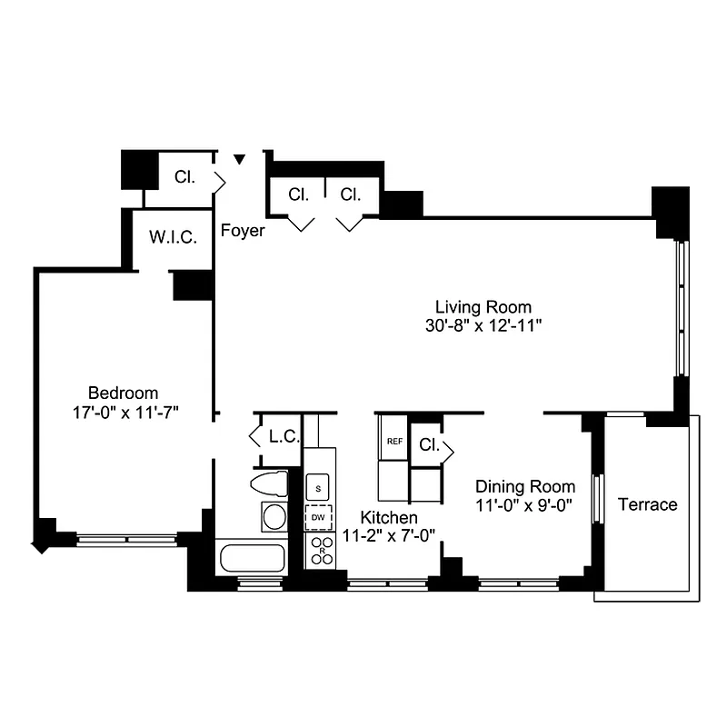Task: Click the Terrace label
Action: click(x=647, y=504)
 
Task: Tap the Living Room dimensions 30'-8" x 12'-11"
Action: click(x=483, y=324)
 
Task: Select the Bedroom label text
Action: click(x=128, y=393)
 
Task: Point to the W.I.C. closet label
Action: click(x=174, y=238)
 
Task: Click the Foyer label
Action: click(x=244, y=231)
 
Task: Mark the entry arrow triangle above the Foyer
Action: click(x=240, y=160)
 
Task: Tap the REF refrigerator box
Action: click(x=394, y=442)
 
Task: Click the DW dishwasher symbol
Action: click(x=318, y=518)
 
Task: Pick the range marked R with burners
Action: click(x=321, y=549)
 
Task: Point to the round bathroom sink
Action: click(x=274, y=517)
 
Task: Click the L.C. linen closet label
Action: click(x=284, y=436)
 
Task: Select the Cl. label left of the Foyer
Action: click(x=184, y=178)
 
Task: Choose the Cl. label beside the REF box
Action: click(x=430, y=446)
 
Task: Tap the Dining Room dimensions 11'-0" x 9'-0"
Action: click(x=525, y=505)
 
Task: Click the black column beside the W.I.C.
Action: click(x=193, y=284)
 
